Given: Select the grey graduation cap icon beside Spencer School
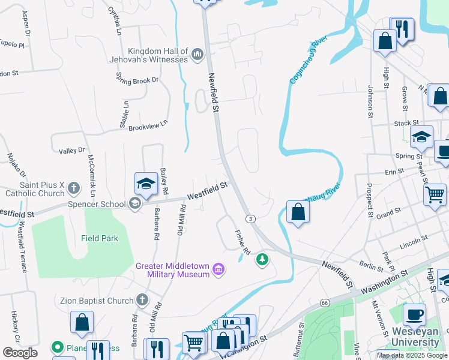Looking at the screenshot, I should (135, 204).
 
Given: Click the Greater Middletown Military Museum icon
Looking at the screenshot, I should (219, 270).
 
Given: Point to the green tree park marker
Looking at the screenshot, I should (262, 259).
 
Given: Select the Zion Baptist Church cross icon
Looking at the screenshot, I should (142, 299).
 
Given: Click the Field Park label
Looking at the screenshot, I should (100, 238).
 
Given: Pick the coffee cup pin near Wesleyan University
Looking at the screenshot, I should (414, 313).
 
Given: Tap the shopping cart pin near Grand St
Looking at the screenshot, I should (435, 194).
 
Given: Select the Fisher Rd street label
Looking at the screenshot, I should (241, 239).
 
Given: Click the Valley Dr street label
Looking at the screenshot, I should (73, 150).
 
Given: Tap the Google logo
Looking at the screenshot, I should (20, 352).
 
